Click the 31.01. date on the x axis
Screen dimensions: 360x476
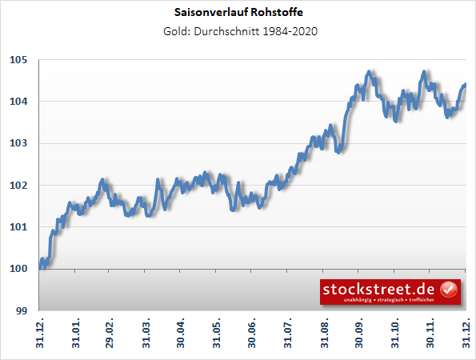coord(76,334)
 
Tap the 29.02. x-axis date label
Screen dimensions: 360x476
coord(110,334)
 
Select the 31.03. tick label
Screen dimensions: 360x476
coord(146,334)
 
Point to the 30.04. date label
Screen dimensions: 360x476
coord(182,334)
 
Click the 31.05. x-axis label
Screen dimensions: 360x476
coord(218,334)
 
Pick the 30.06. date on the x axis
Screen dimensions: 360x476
coord(253,334)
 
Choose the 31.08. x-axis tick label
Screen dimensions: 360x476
coord(325,334)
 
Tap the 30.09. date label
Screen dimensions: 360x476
coord(360,334)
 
